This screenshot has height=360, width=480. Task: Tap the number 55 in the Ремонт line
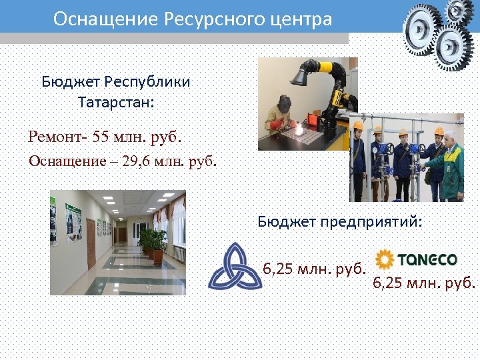point(103,137)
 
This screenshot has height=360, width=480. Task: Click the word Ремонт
point(56,137)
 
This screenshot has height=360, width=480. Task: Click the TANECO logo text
point(427,259)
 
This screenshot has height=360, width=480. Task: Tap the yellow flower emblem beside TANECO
point(385,259)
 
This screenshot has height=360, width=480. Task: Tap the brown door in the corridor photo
point(91,241)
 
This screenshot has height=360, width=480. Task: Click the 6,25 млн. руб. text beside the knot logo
point(315,270)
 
